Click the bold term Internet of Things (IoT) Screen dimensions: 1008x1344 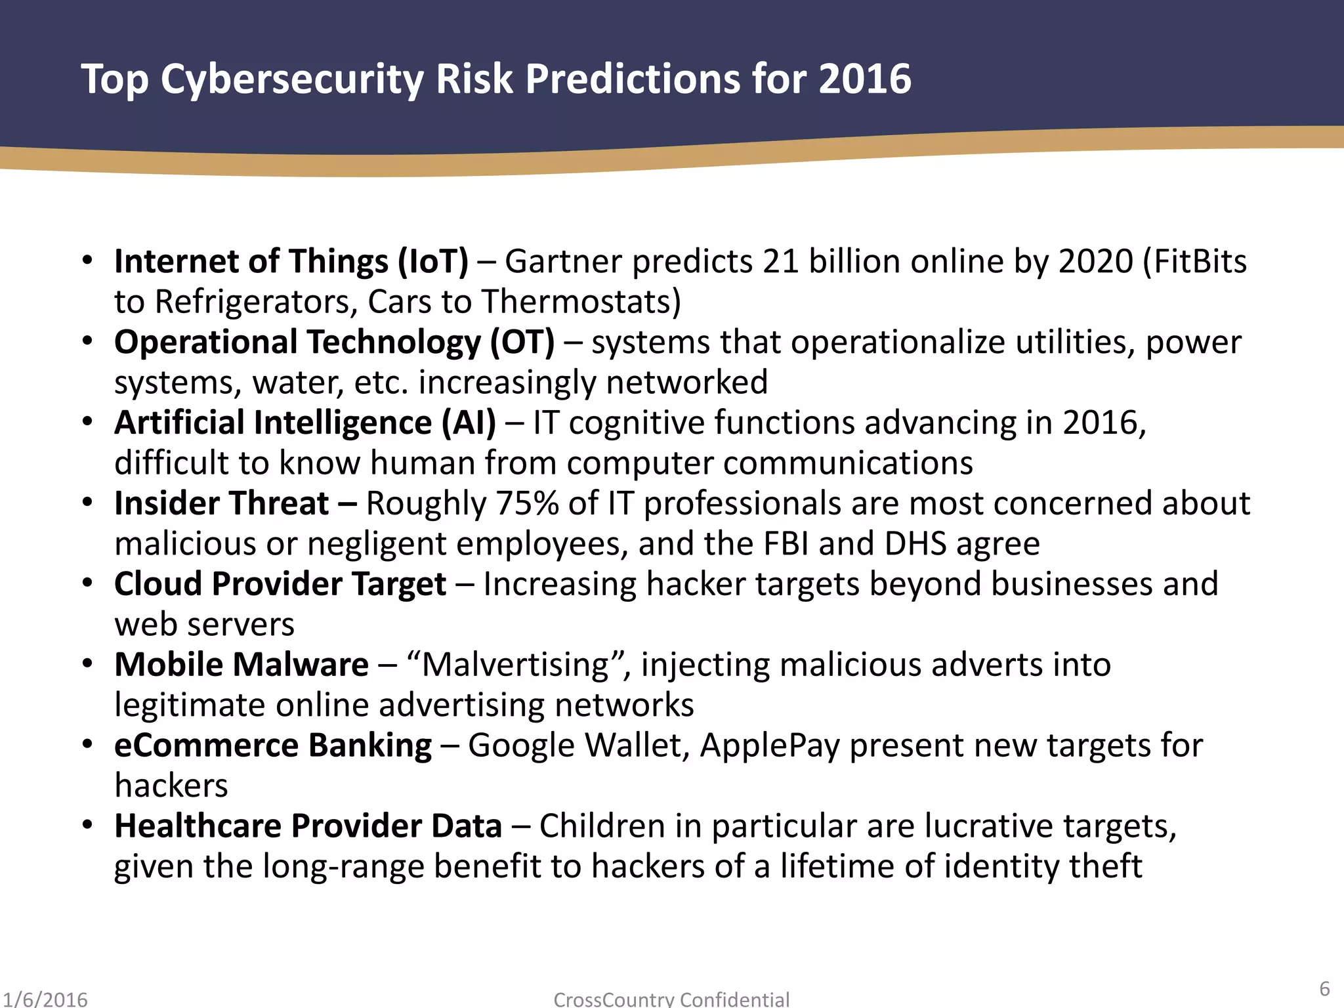pos(291,261)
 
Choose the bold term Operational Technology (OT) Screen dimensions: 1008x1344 pos(334,342)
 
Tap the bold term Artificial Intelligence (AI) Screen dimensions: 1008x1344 pos(305,423)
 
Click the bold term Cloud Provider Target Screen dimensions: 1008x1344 pos(280,584)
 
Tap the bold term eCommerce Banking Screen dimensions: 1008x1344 pos(273,745)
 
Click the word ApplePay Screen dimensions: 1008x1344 pos(770,746)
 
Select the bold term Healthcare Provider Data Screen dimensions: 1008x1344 pos(308,826)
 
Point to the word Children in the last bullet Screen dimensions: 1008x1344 pos(602,826)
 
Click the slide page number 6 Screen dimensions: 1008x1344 pos(1324,988)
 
